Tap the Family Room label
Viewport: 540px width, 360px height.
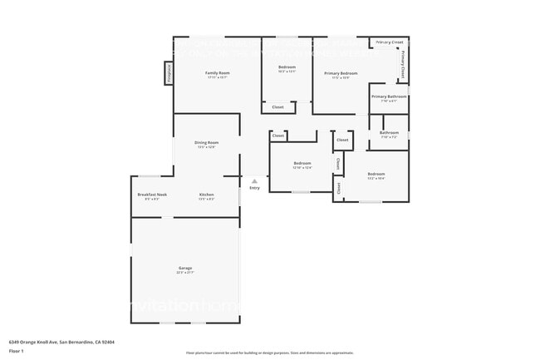coord(218,73)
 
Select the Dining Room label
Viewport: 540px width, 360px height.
coord(207,142)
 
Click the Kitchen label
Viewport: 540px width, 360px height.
coord(206,195)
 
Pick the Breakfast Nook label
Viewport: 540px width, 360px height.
coord(152,195)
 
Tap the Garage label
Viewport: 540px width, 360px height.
coord(184,268)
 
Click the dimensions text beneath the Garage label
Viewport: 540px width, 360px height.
coord(184,273)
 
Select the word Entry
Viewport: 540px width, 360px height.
coord(254,188)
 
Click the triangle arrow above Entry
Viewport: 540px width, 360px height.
coord(254,180)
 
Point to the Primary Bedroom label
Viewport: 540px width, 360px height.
coord(341,73)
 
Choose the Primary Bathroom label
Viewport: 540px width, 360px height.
coord(389,96)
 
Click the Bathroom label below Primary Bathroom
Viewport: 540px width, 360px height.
coord(389,132)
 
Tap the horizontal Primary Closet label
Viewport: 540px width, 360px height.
coord(389,42)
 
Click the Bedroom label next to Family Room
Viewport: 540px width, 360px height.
coord(287,67)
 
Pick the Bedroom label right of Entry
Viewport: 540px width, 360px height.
coord(302,163)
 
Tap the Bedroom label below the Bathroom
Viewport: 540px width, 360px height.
coord(376,174)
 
